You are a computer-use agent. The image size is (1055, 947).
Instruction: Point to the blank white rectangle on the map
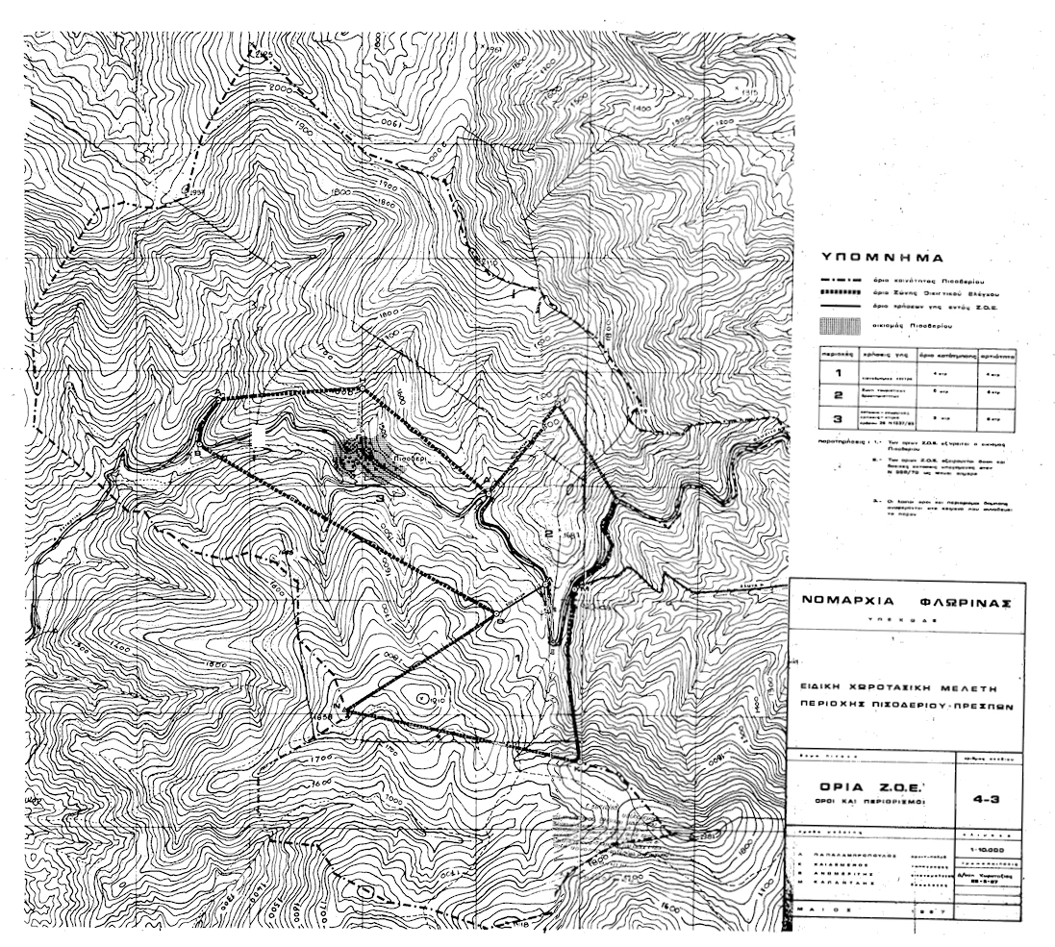[258, 436]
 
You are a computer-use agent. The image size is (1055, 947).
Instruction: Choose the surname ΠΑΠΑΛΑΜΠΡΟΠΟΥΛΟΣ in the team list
[858, 852]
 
